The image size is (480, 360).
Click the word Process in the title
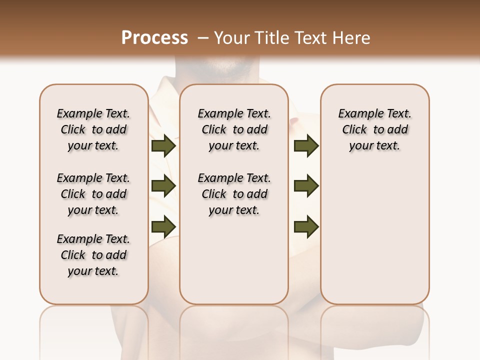tap(154, 37)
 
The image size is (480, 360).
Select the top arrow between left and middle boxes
tap(163, 146)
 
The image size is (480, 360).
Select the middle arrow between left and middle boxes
tap(163, 186)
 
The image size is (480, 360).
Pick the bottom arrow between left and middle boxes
tap(163, 226)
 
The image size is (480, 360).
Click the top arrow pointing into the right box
tap(306, 146)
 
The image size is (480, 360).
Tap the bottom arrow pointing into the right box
tap(306, 226)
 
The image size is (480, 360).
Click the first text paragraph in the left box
tap(93, 129)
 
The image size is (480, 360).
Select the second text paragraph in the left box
tap(93, 194)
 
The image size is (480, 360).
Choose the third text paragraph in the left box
tap(93, 255)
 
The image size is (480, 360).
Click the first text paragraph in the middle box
tap(234, 129)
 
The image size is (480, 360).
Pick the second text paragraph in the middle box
tap(234, 194)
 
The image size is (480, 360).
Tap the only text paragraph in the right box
tap(375, 129)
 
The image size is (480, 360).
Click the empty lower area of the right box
tap(375, 240)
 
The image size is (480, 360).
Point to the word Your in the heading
tap(232, 37)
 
